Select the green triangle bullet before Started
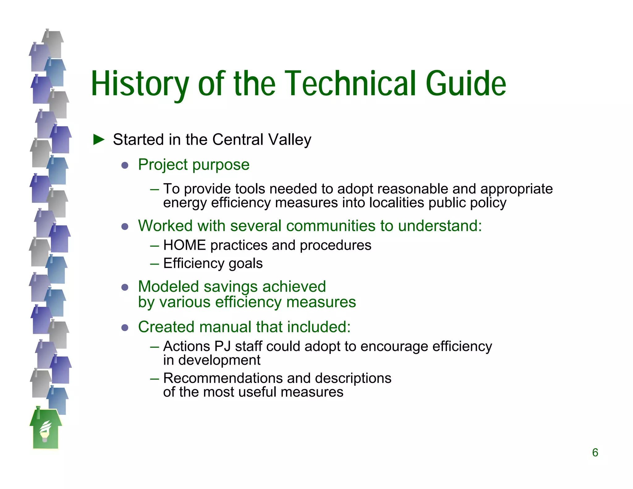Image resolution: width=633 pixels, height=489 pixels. pos(99,140)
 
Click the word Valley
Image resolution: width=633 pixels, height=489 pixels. pos(290,140)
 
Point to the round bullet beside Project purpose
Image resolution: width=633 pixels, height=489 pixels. pos(125,165)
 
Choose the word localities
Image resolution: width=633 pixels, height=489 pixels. pos(397,203)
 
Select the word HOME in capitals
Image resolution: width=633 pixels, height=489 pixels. pos(184,245)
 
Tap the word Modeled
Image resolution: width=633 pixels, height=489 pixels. pos(168,287)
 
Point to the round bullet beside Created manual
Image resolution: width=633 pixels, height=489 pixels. pos(125,328)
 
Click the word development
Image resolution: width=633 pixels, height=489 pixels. pos(219,360)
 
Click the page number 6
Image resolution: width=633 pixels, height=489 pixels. pos(595,453)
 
